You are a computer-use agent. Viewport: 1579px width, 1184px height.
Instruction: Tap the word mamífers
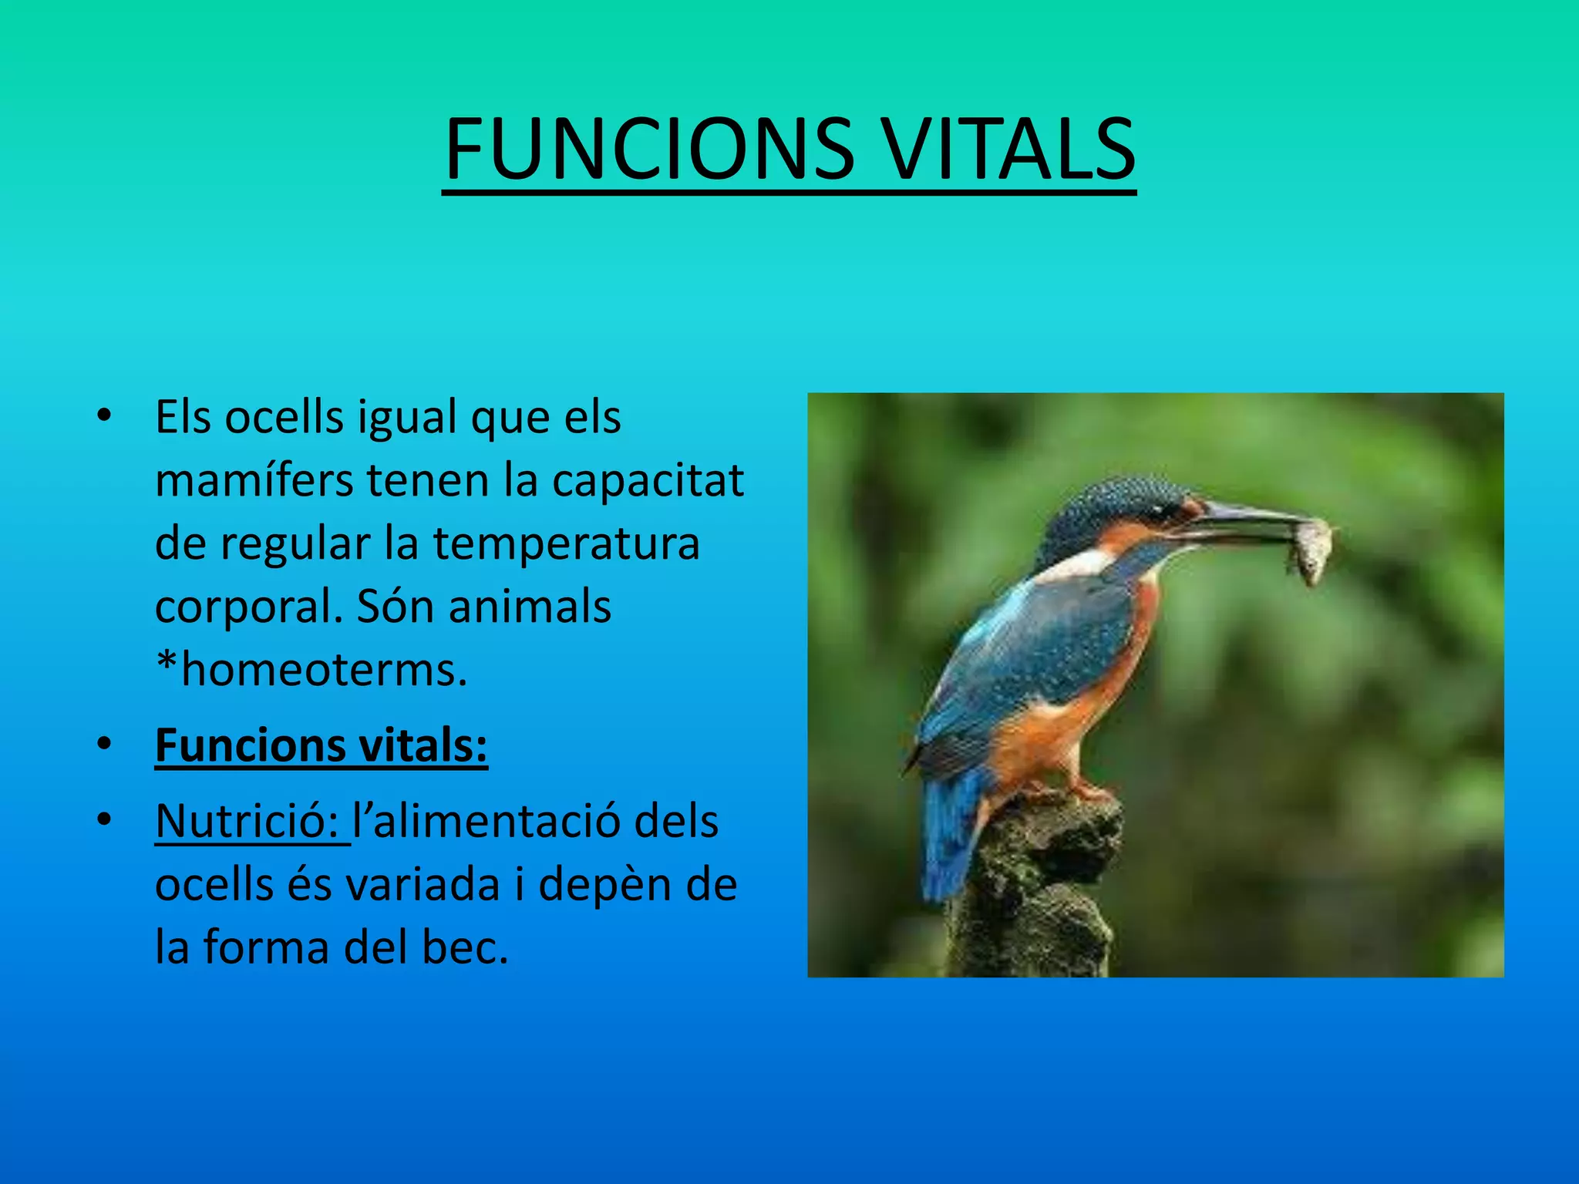(255, 480)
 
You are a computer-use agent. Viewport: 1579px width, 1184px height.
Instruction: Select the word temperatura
(566, 543)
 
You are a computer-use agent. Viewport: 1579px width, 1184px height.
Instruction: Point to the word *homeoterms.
(311, 670)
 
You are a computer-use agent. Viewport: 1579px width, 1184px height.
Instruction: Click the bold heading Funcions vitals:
(321, 746)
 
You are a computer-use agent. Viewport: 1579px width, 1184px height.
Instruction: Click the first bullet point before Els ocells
(104, 417)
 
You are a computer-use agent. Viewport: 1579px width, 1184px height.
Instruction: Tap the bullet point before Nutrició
(104, 820)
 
